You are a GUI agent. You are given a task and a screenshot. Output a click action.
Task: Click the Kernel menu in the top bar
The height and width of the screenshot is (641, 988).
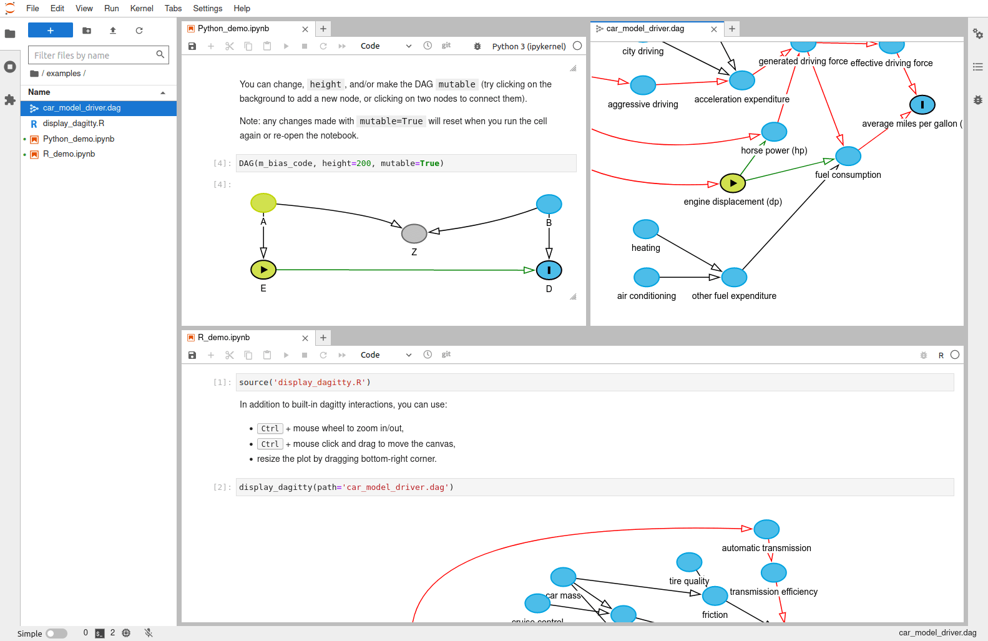142,8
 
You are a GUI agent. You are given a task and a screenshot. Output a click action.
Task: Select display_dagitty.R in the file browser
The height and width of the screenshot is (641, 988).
73,124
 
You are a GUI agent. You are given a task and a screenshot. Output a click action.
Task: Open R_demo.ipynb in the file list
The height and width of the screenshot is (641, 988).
69,154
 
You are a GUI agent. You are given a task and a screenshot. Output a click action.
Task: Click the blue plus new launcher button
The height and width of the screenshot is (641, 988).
51,30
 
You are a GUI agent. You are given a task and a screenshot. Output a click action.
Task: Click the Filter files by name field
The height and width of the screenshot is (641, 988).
94,56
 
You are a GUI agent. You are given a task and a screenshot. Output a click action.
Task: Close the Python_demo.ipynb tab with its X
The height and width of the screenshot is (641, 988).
305,29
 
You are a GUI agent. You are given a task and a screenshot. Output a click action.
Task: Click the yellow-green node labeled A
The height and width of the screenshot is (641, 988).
263,203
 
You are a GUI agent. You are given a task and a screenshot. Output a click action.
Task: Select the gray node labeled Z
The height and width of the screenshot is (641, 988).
414,233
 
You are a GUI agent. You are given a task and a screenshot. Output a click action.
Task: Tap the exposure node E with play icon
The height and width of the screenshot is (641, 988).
263,270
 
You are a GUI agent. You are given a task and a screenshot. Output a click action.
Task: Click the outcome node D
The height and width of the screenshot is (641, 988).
549,270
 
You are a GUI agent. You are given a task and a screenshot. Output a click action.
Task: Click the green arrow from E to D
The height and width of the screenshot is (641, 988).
406,270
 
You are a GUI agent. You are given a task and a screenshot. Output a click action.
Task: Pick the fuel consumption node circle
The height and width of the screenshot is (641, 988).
848,156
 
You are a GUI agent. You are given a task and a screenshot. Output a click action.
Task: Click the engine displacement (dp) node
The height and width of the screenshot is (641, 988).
733,183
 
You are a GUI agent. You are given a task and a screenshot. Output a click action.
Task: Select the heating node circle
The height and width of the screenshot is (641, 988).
645,229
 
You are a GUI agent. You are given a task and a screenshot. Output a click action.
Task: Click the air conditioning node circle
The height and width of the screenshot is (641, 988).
646,277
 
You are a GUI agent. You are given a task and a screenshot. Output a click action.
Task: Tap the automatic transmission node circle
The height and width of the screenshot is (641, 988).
766,529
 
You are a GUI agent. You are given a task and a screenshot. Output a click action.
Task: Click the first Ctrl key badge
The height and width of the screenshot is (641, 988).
270,429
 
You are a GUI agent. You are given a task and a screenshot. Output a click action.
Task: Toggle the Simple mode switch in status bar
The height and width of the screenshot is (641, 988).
56,634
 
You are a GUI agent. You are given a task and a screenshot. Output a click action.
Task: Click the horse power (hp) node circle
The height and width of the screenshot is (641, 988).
774,132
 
